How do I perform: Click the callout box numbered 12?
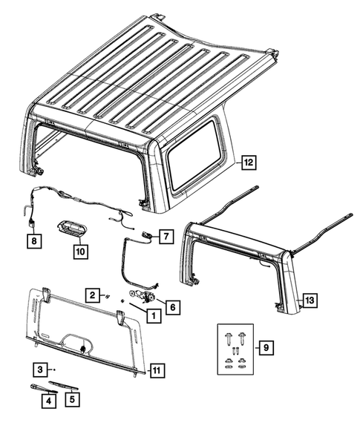coord(249,162)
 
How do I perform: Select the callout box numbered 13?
coord(310,300)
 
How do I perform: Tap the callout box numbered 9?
coord(266,347)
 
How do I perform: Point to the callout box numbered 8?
coord(34,240)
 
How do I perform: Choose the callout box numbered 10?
coord(81,252)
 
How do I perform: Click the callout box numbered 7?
coord(166,237)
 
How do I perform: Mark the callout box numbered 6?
coord(173,307)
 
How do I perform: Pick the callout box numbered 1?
coord(154,316)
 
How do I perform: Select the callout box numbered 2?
coord(93,295)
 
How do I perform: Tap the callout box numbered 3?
coord(41,369)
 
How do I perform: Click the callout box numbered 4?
coord(48,401)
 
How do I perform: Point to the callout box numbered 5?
coord(72,399)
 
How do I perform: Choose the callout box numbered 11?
coord(157,371)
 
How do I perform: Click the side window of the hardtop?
coord(194,154)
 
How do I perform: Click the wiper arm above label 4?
coord(43,388)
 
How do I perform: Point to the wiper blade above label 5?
coord(64,385)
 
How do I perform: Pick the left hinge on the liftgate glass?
coord(47,295)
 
